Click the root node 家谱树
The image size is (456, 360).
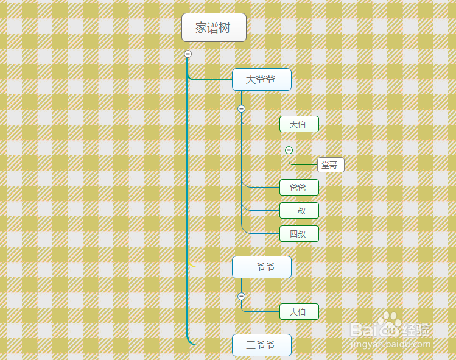[214, 27]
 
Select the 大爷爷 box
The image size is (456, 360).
[261, 79]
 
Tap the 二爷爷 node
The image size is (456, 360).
[261, 267]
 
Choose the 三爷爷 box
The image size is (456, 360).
[261, 345]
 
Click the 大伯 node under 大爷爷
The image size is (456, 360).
[299, 124]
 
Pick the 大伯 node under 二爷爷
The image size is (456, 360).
[299, 312]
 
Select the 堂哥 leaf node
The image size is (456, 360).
[331, 165]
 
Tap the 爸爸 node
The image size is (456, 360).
[299, 188]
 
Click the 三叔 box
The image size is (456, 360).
[299, 210]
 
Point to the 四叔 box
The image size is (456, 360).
[299, 233]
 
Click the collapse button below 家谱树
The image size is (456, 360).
[188, 54]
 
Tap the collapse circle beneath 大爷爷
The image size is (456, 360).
[241, 109]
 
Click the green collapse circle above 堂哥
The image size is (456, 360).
[289, 150]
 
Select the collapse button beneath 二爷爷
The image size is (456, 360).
[241, 297]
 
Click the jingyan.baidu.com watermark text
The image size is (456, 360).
[390, 344]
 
